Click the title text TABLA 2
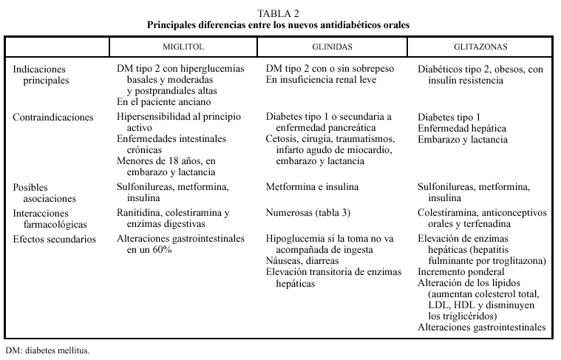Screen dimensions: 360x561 pos(279,13)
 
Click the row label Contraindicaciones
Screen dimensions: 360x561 pos(53,117)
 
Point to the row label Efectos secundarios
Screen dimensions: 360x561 pos(55,239)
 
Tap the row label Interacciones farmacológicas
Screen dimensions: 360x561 pos(49,217)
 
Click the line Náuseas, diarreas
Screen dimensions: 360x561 pos(302,261)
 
